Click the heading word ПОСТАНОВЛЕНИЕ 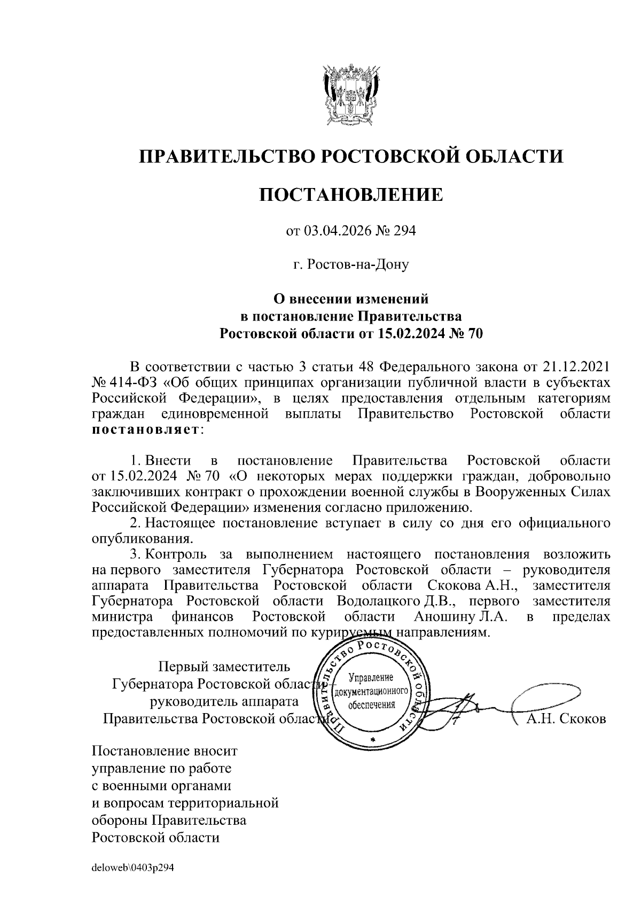351,194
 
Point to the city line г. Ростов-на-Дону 351,264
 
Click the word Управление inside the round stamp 371,678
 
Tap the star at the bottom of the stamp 372,738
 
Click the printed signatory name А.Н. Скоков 566,719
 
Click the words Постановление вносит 165,751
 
